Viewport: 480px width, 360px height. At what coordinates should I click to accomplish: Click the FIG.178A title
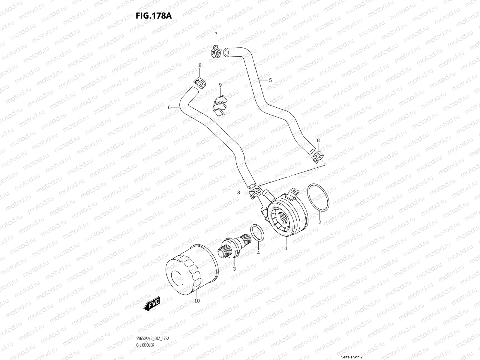[154, 16]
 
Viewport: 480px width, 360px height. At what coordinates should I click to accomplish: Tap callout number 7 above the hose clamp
[216, 34]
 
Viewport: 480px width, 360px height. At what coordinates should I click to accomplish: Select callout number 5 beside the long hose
[270, 80]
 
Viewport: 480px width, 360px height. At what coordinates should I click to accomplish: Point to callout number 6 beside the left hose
[169, 107]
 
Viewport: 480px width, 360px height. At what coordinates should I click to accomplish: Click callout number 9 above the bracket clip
[220, 85]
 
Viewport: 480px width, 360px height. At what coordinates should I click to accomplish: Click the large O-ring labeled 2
[318, 198]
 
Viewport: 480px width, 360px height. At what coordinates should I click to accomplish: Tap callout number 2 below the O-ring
[319, 222]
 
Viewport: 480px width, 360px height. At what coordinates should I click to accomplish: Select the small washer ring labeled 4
[257, 232]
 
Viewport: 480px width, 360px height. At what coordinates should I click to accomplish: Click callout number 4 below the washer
[258, 253]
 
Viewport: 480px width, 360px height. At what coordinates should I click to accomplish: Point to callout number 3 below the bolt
[234, 269]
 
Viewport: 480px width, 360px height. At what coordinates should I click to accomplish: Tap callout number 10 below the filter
[197, 301]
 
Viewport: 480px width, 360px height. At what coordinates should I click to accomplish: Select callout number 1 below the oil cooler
[286, 248]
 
